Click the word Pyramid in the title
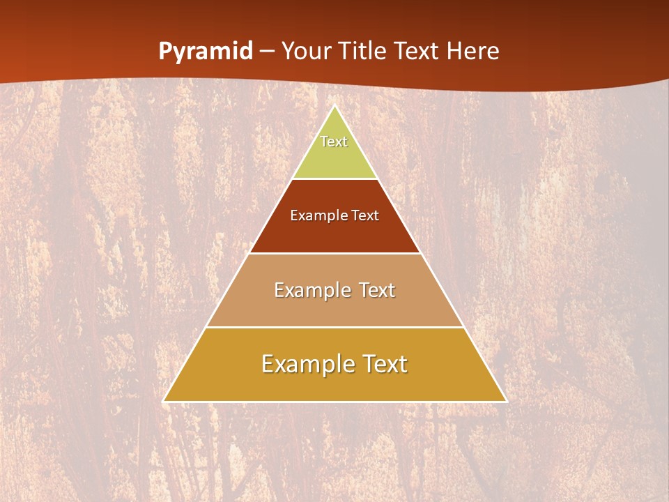[x=206, y=52]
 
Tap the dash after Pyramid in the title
[x=267, y=52]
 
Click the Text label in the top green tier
[x=334, y=142]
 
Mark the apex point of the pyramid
[x=334, y=106]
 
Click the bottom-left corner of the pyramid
[x=164, y=401]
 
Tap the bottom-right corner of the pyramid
[x=506, y=401]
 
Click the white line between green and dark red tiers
[x=334, y=178]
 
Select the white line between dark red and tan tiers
[x=334, y=253]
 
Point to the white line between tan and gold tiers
[x=334, y=327]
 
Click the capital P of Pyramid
[x=164, y=52]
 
